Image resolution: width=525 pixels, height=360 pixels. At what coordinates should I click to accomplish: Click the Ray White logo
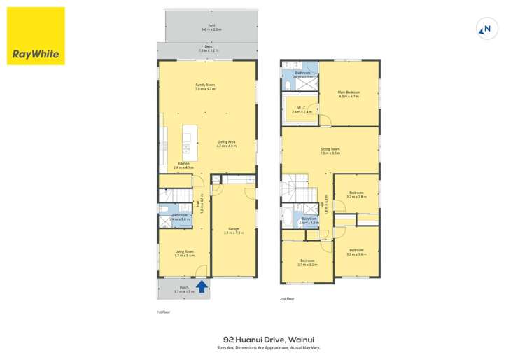click(x=36, y=36)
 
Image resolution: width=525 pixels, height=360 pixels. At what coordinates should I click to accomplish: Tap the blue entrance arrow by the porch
click(x=203, y=286)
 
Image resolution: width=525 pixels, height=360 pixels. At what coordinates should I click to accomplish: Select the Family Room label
click(x=205, y=87)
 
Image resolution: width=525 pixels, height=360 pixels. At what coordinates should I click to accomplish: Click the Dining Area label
click(x=225, y=144)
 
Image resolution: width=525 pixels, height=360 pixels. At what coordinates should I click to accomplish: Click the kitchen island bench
click(x=188, y=142)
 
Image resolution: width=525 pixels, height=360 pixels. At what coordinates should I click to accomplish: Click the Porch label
click(x=184, y=289)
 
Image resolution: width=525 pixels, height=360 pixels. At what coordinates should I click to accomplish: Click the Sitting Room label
click(x=330, y=151)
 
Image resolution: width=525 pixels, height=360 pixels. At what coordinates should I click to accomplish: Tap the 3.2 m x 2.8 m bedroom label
click(x=356, y=195)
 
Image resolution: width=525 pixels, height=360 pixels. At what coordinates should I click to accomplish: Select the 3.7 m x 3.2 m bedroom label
click(x=307, y=263)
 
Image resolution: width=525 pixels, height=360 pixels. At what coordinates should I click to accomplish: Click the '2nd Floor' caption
click(x=287, y=298)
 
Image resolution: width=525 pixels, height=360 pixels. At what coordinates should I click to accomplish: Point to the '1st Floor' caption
click(x=163, y=312)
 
